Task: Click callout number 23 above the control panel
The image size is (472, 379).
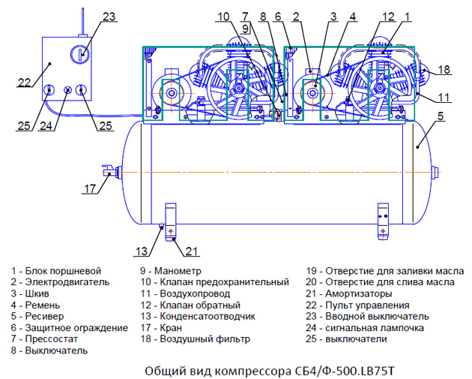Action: tap(109, 17)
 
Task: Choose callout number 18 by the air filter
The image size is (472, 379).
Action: tap(444, 70)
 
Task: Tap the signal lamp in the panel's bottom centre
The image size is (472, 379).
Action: tap(69, 91)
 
